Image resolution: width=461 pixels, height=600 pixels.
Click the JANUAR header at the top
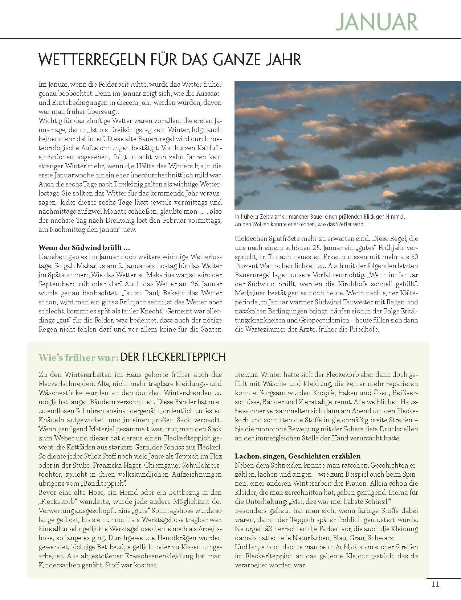[x=376, y=21]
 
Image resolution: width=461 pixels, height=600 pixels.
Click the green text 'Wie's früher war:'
[x=78, y=357]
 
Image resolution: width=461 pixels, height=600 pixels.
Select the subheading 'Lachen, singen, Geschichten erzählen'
[x=298, y=456]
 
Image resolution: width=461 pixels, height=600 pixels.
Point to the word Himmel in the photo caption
[x=395, y=217]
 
